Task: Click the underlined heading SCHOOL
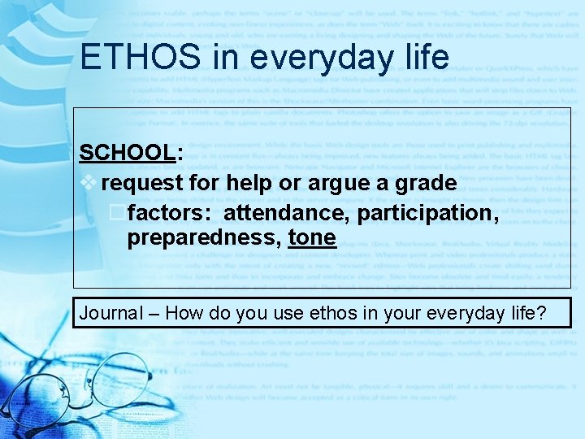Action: (126, 153)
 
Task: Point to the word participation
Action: (429, 213)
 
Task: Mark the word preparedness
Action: (203, 237)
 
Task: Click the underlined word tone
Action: (311, 237)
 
